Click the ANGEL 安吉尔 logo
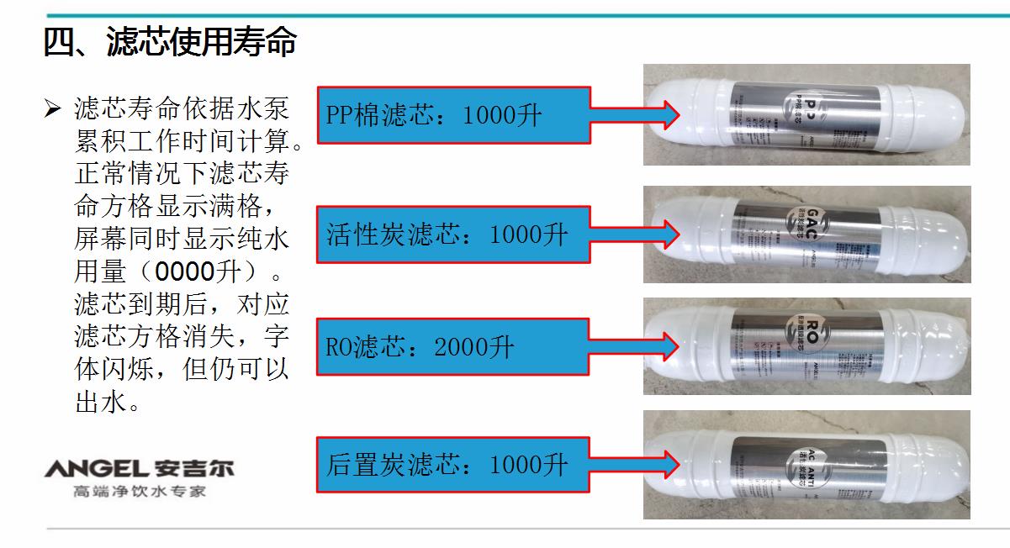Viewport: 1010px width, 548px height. [139, 466]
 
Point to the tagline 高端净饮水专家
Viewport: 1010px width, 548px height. [139, 491]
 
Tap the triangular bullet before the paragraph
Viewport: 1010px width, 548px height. [53, 109]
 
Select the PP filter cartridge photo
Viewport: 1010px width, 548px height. [806, 115]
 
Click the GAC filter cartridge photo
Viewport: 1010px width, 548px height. [806, 234]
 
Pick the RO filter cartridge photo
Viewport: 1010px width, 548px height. [806, 345]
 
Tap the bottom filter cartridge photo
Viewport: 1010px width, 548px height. [806, 464]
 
